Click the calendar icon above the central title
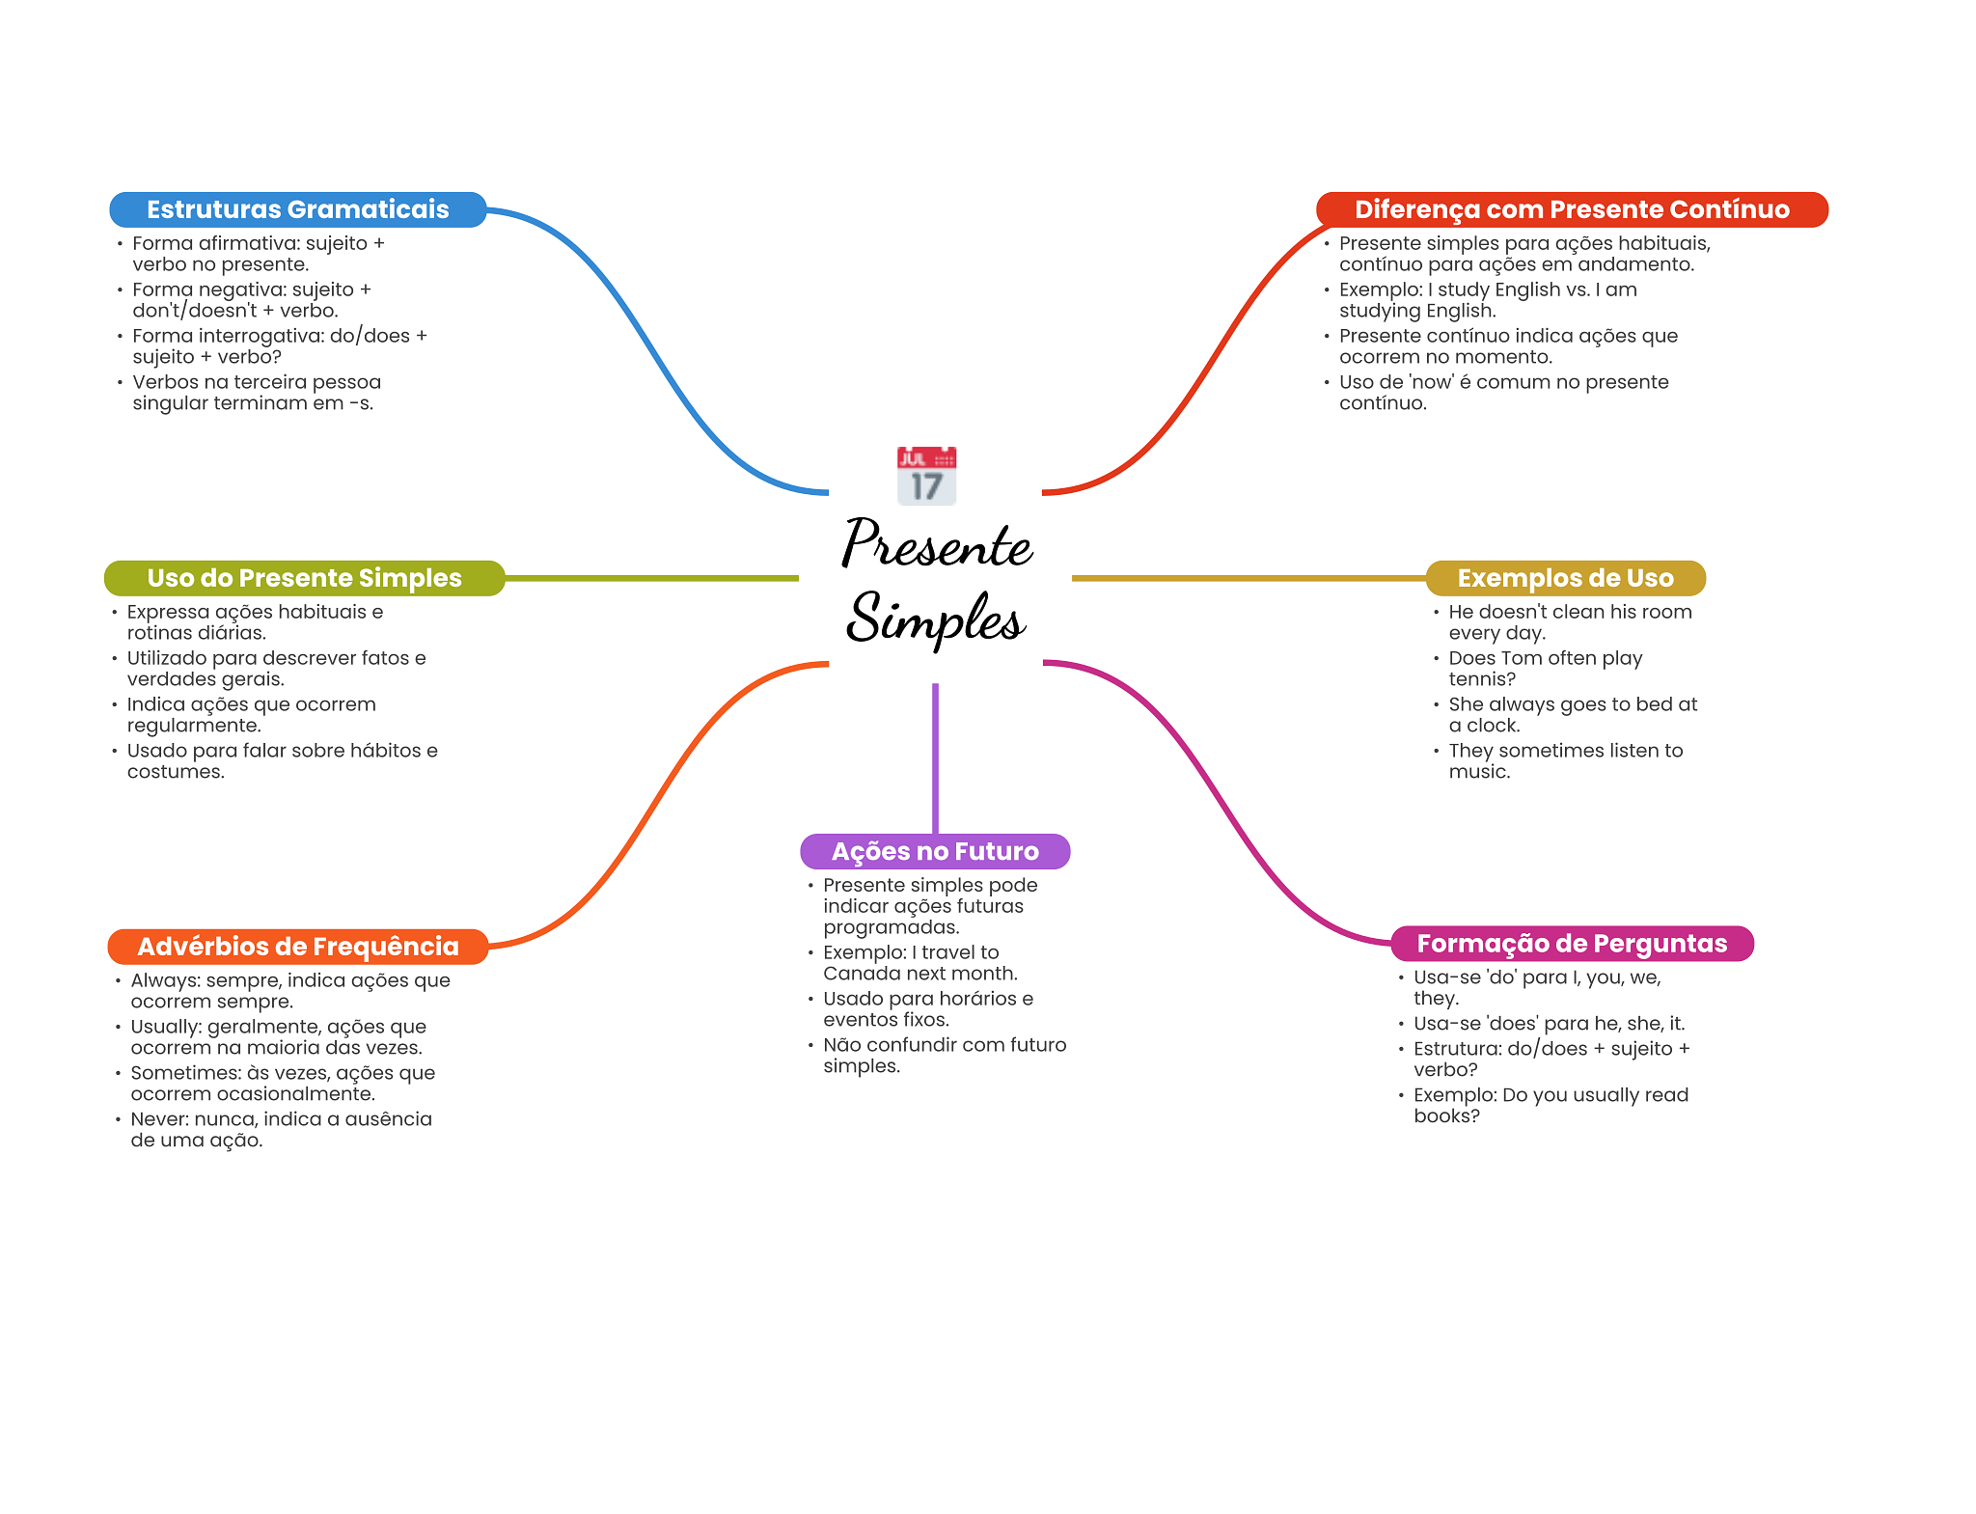pyautogui.click(x=926, y=476)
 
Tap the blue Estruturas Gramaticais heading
pyautogui.click(x=297, y=209)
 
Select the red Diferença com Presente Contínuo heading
pyautogui.click(x=1572, y=209)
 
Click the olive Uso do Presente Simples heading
pyautogui.click(x=304, y=578)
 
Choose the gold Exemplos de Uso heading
pyautogui.click(x=1565, y=578)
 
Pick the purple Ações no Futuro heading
pyautogui.click(x=935, y=851)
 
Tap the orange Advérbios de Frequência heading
pyautogui.click(x=297, y=947)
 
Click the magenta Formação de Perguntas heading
pyautogui.click(x=1572, y=944)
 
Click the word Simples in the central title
pyautogui.click(x=935, y=618)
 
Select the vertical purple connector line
pyautogui.click(x=935, y=758)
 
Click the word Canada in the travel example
pyautogui.click(x=858, y=974)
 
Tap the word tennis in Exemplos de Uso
pyautogui.click(x=1482, y=679)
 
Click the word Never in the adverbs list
pyautogui.click(x=159, y=1119)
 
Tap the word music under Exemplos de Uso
pyautogui.click(x=1479, y=772)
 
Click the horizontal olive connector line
pyautogui.click(x=651, y=578)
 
